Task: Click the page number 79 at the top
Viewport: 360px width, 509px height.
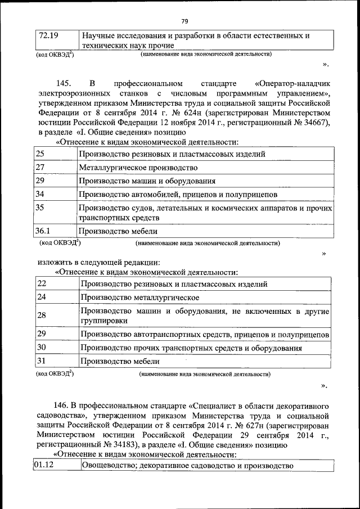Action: [184, 21]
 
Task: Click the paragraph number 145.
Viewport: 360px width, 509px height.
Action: [64, 83]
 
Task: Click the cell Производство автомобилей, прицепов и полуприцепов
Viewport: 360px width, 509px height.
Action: [178, 195]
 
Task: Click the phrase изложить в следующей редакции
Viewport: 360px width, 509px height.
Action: [99, 262]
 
